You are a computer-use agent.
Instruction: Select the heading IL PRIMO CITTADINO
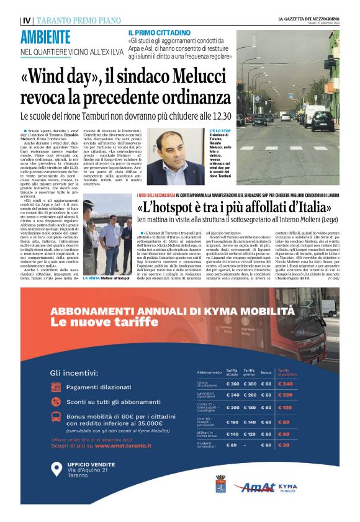click(160, 32)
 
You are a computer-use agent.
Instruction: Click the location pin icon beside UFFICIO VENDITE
click(56, 470)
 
